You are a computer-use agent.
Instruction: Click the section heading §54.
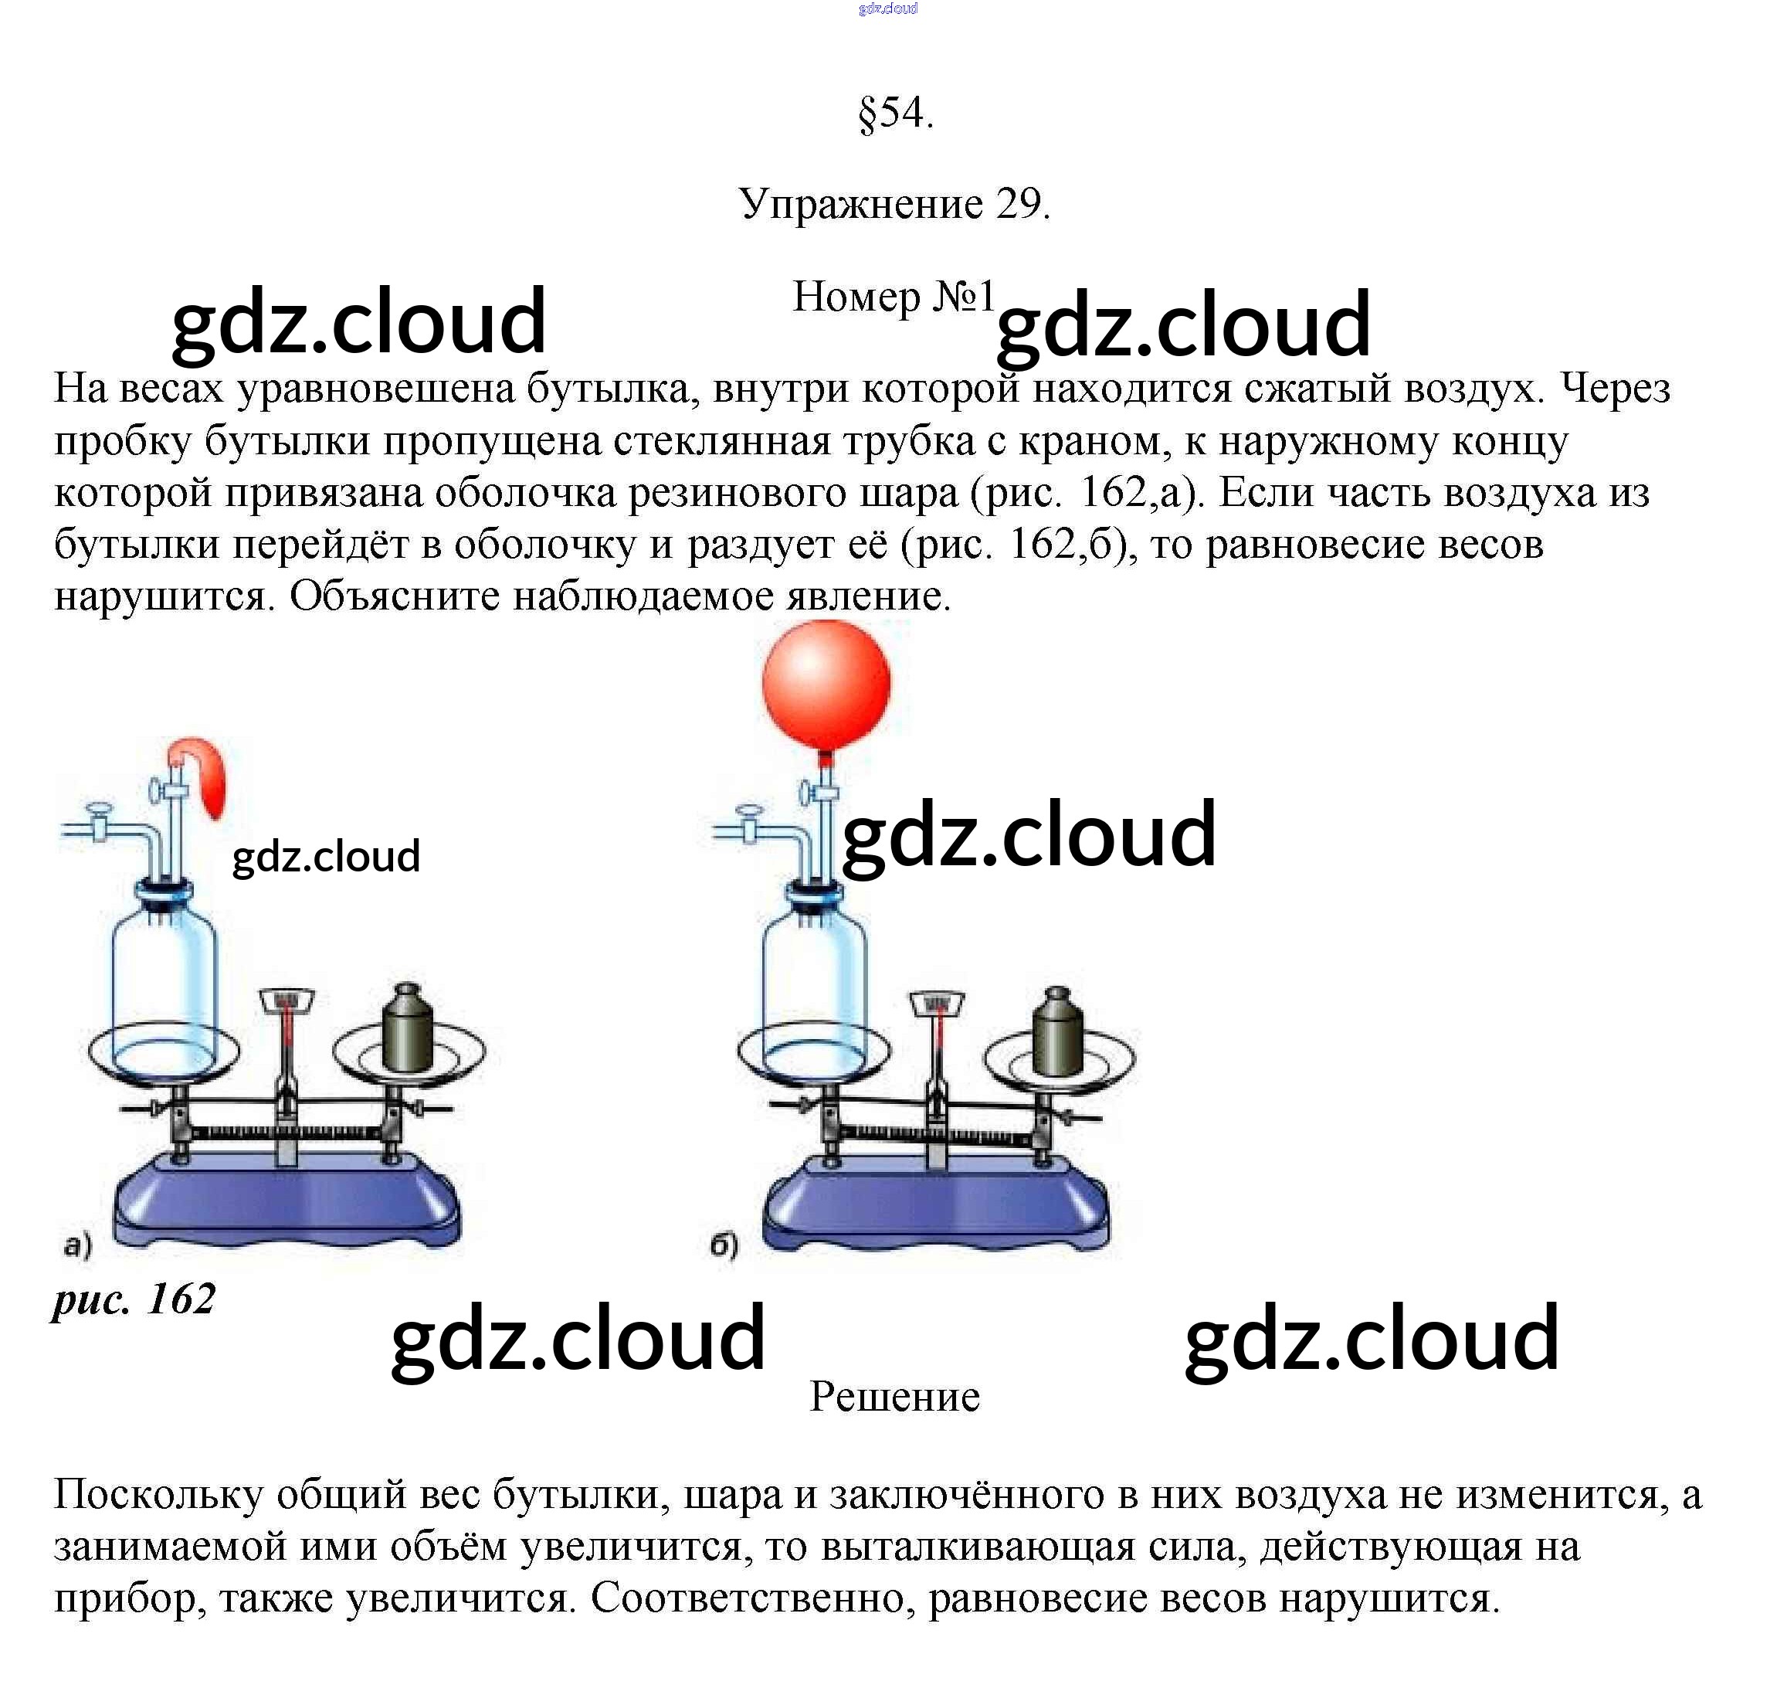pyautogui.click(x=895, y=114)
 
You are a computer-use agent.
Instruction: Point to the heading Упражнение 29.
pyautogui.click(x=894, y=204)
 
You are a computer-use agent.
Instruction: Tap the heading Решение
pyautogui.click(x=894, y=1397)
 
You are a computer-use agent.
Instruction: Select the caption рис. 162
pyautogui.click(x=134, y=1299)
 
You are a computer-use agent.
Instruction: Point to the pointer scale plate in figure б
pyautogui.click(x=938, y=1003)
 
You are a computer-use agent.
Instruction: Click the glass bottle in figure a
pyautogui.click(x=164, y=980)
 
